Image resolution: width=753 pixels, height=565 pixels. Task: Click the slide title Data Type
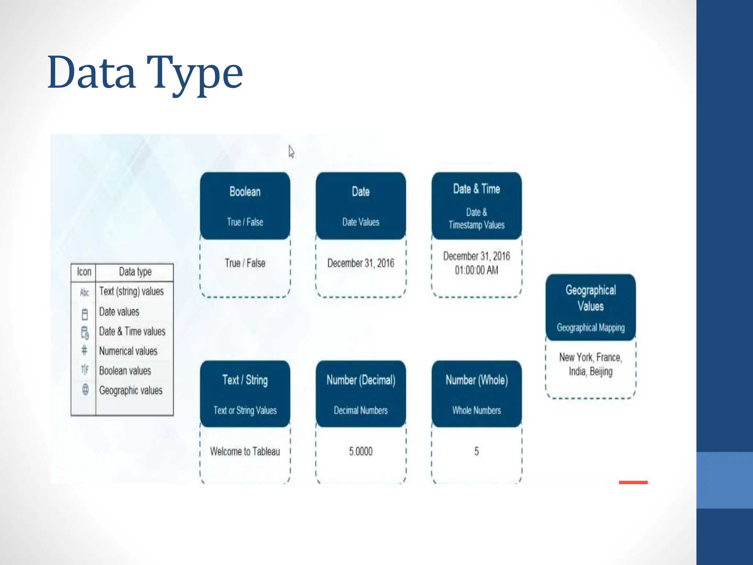(x=145, y=73)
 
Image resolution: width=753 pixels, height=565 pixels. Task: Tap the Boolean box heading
(x=245, y=192)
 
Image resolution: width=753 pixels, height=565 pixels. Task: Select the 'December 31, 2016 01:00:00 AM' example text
(x=477, y=263)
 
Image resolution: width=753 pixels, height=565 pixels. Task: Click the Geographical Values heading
(x=590, y=298)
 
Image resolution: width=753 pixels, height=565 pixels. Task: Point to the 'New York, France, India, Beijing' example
(x=590, y=364)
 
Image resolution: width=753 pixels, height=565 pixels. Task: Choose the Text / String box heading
(x=245, y=380)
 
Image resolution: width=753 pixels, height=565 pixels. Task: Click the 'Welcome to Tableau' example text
(x=245, y=451)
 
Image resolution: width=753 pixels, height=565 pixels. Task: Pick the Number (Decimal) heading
(x=361, y=380)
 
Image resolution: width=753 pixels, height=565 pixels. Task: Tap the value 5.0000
(x=361, y=451)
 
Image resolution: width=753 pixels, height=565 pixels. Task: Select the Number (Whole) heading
(x=477, y=380)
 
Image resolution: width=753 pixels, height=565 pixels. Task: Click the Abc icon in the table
(x=85, y=292)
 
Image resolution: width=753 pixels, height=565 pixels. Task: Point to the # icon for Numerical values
(x=84, y=350)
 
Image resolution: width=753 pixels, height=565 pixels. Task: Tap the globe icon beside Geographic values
(x=85, y=389)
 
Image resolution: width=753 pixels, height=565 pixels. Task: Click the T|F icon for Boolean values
(x=85, y=369)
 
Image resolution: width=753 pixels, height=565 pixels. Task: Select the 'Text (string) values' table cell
(x=131, y=291)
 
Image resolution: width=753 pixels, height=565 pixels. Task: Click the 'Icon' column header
(x=84, y=272)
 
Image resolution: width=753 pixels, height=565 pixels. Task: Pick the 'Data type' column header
(x=135, y=272)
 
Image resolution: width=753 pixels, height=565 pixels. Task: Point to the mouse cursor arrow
(x=291, y=151)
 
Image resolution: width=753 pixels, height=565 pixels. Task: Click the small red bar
(x=633, y=482)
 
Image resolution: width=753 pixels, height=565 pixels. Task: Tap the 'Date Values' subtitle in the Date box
(x=361, y=222)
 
